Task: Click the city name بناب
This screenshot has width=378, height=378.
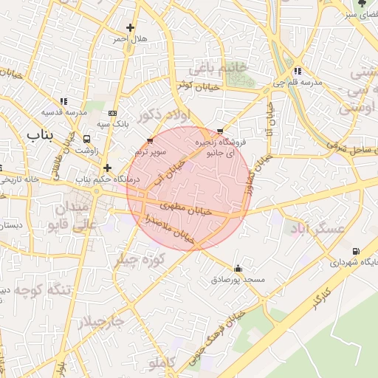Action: (x=41, y=135)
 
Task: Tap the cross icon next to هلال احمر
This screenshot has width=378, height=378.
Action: (x=131, y=28)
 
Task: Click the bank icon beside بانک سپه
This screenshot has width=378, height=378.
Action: (x=112, y=113)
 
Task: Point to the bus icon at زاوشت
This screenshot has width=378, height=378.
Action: (x=87, y=138)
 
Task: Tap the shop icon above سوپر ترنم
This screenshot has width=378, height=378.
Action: (x=151, y=140)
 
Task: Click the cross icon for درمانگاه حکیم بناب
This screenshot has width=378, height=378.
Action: (x=108, y=168)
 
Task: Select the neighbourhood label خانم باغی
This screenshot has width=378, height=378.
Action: (x=216, y=69)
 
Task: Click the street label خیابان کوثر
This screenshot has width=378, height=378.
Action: (x=195, y=85)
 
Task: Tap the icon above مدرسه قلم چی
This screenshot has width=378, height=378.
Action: (x=297, y=72)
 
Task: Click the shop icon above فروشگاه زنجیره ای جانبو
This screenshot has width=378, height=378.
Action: (x=219, y=131)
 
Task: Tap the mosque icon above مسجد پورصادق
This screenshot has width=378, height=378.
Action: (x=237, y=269)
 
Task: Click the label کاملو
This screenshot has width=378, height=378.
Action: (x=162, y=362)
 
